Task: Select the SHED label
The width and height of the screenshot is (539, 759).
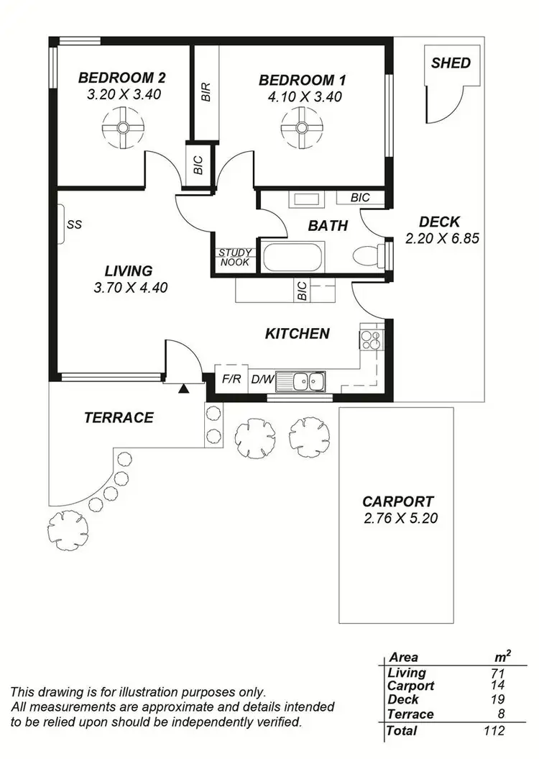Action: click(x=451, y=63)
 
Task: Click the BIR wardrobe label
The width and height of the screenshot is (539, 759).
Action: click(x=206, y=92)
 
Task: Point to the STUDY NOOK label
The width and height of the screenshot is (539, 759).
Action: click(x=234, y=258)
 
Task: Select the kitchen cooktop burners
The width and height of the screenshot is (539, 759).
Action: click(x=372, y=339)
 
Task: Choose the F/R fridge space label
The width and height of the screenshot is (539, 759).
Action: click(x=231, y=379)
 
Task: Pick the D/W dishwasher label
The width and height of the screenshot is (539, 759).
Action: click(x=262, y=379)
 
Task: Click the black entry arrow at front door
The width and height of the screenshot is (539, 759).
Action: click(x=184, y=389)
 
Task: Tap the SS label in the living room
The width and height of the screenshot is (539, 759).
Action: click(x=75, y=224)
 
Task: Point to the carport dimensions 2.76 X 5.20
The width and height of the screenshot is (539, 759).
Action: click(x=397, y=518)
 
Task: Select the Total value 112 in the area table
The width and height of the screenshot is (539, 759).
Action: click(x=494, y=730)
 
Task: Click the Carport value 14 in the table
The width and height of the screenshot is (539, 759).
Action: click(x=498, y=686)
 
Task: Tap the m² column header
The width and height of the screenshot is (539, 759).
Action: click(x=502, y=656)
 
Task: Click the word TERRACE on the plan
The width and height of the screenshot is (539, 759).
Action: click(x=119, y=417)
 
